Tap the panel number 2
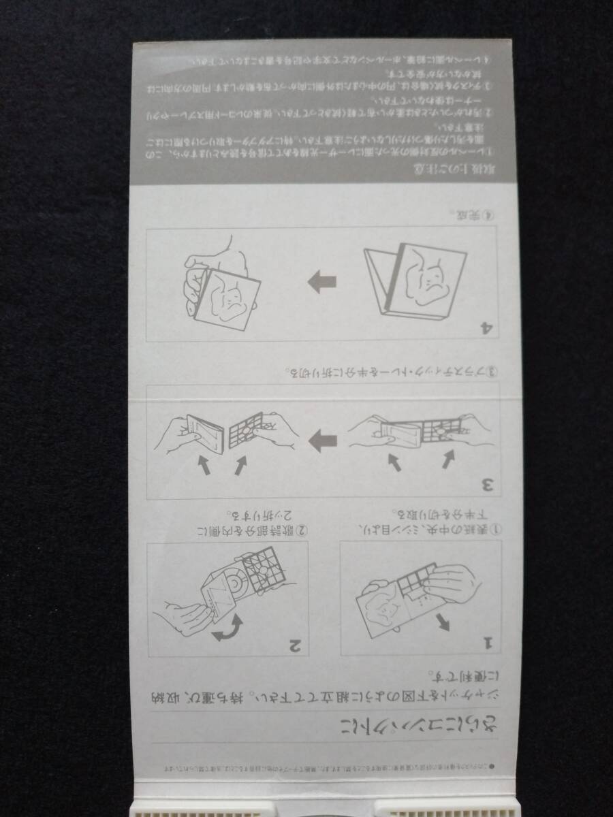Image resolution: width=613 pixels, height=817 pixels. click(x=295, y=642)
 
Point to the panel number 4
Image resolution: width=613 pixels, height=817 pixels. click(x=486, y=327)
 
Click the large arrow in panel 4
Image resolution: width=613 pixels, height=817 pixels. click(x=322, y=281)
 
